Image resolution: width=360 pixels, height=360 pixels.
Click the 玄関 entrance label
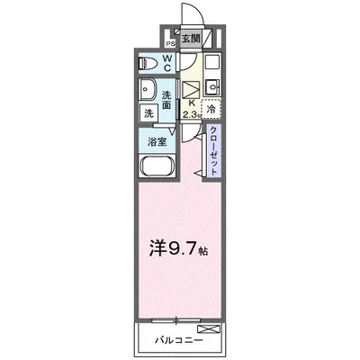[x=192, y=40]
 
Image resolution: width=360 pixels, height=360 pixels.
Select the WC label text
[x=166, y=63]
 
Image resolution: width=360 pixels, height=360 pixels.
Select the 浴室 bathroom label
[x=158, y=141]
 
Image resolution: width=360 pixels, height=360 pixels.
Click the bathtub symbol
[x=158, y=167]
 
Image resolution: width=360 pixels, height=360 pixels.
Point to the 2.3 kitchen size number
[x=191, y=114]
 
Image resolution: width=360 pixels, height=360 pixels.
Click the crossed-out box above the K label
[x=192, y=89]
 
